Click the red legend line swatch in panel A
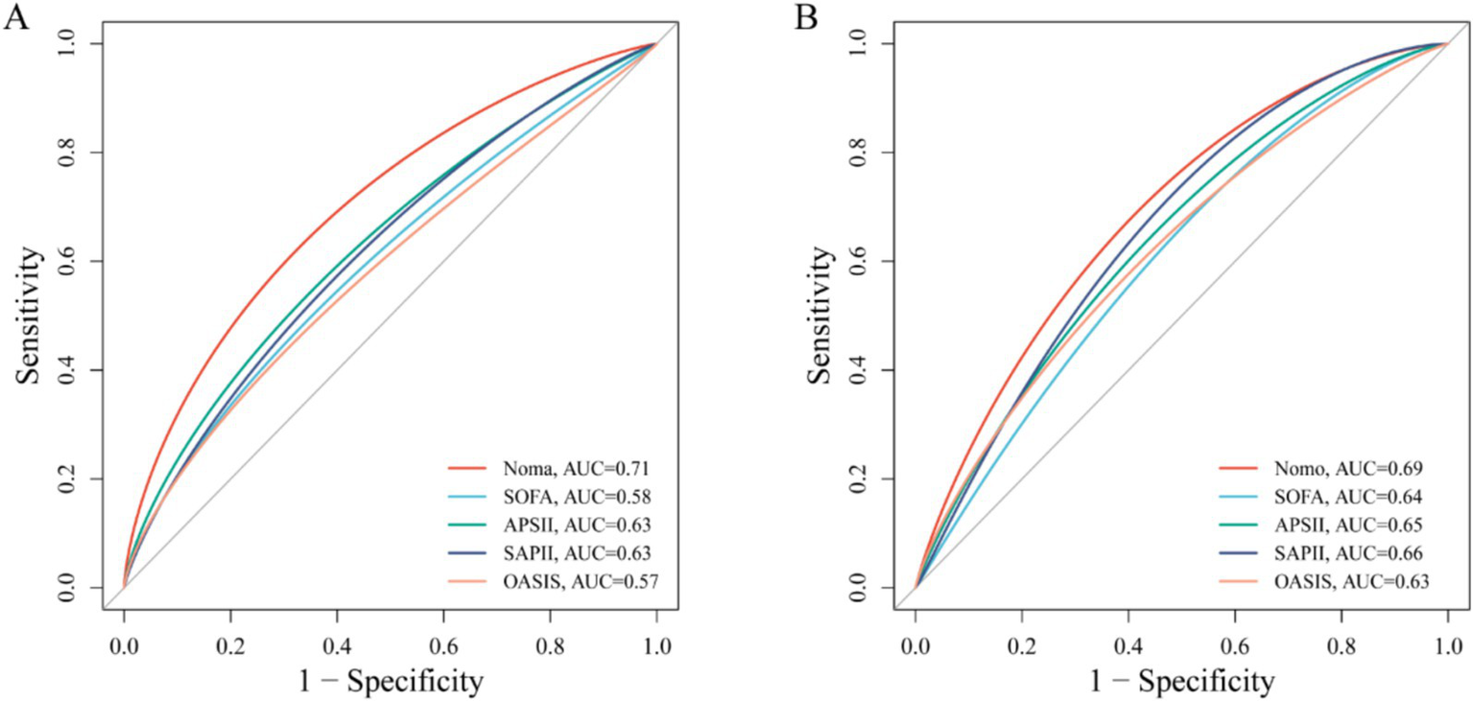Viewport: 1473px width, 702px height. pyautogui.click(x=470, y=469)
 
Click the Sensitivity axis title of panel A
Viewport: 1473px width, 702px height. pyautogui.click(x=31, y=316)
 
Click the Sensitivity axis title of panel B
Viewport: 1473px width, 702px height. pyautogui.click(x=822, y=316)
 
